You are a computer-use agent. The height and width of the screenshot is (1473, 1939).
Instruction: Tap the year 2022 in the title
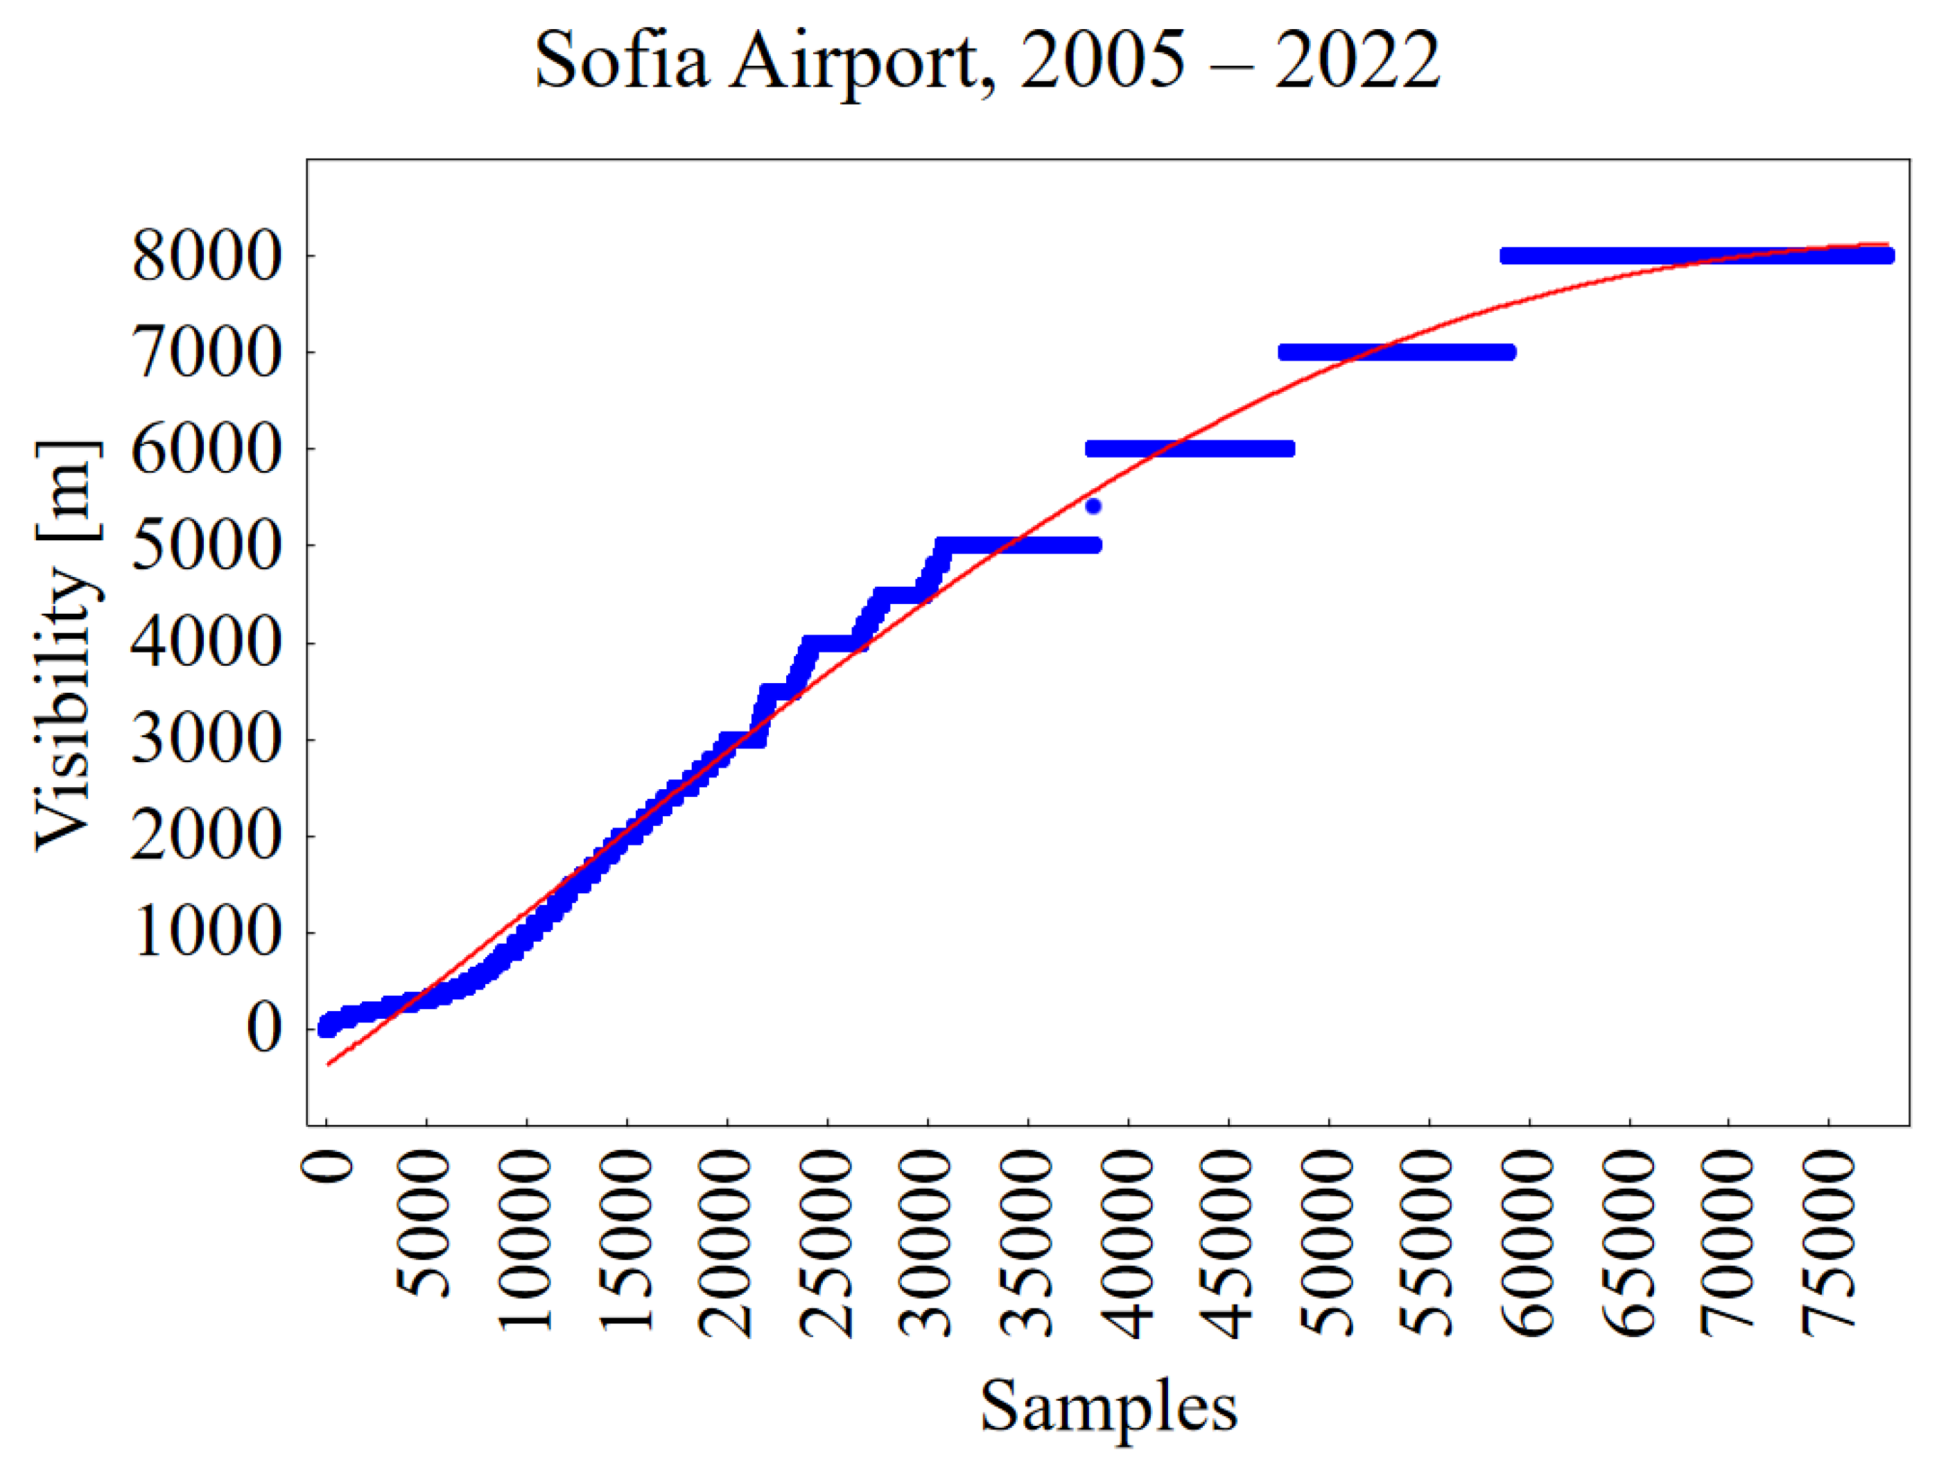coord(1357,61)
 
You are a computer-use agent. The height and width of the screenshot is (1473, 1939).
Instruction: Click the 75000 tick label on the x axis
coord(1830,1245)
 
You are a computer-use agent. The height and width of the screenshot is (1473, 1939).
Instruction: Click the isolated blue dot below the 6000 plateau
coord(1093,506)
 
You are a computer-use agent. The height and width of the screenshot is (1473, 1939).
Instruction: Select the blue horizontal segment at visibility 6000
coord(1190,449)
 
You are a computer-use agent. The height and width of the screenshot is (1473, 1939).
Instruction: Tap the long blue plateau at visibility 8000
coord(1696,256)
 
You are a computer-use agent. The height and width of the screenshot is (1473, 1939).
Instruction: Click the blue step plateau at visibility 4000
coord(833,644)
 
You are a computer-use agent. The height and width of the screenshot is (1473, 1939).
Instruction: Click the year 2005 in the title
coord(1103,61)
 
